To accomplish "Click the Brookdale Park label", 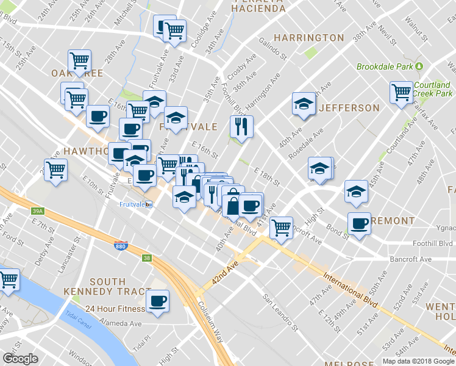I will pos(385,66).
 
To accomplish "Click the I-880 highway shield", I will pos(121,246).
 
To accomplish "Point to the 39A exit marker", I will pos(38,211).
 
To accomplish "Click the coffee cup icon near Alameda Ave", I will pos(158,301).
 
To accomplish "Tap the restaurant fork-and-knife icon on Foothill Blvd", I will pos(241,127).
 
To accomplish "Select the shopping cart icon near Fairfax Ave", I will pos(402,92).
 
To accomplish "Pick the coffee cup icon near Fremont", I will pos(360,223).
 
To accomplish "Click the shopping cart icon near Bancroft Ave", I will pos(281,228).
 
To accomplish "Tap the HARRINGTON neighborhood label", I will pos(308,38).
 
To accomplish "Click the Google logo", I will pos(20,359).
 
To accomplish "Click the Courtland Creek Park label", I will pos(432,89).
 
